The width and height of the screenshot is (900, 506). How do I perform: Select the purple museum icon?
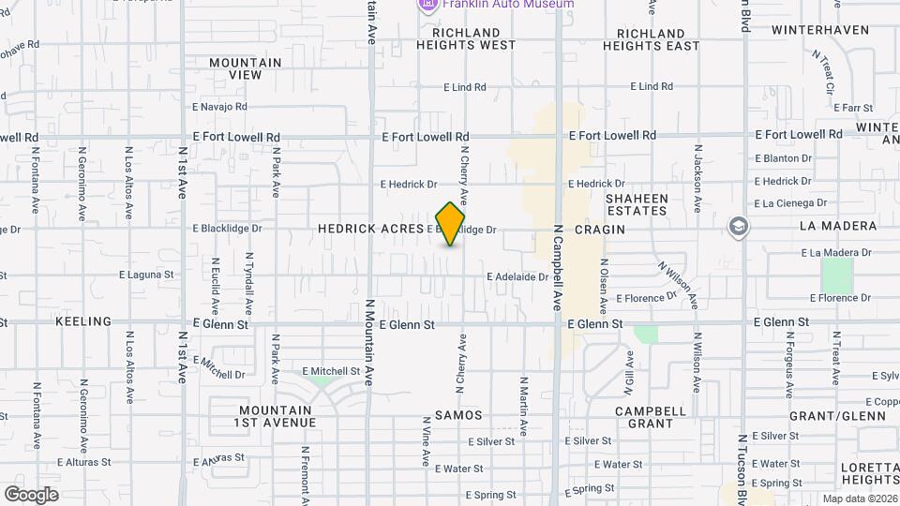[427, 5]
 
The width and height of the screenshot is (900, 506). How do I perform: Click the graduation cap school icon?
[739, 227]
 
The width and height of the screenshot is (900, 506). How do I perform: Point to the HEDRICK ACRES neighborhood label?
[370, 229]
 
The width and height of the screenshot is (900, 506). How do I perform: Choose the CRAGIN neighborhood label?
[600, 229]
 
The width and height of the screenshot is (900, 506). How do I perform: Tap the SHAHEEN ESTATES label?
[637, 204]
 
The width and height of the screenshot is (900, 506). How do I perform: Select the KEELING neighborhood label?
[83, 321]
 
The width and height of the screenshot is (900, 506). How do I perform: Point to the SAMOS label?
[458, 414]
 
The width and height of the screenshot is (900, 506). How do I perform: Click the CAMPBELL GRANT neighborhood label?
[651, 417]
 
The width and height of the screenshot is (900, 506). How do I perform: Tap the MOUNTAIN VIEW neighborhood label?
[245, 68]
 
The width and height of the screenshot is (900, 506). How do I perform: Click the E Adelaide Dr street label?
[517, 276]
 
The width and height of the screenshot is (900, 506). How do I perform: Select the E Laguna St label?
[147, 275]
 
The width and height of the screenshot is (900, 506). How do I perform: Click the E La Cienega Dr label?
[791, 203]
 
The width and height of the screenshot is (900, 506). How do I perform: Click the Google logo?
[31, 494]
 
